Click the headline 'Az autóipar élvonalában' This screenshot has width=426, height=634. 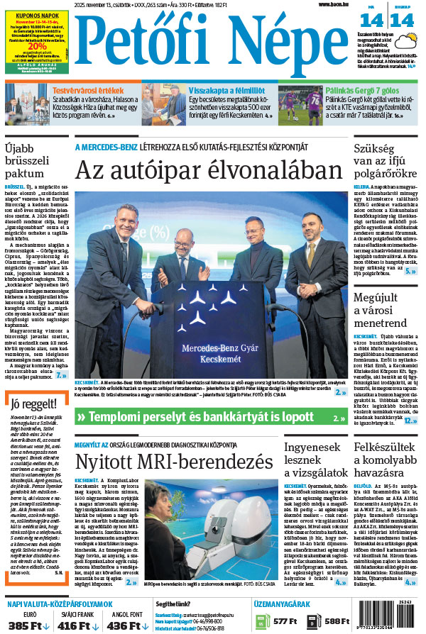(x=209, y=170)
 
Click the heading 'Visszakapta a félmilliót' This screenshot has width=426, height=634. (x=226, y=91)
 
